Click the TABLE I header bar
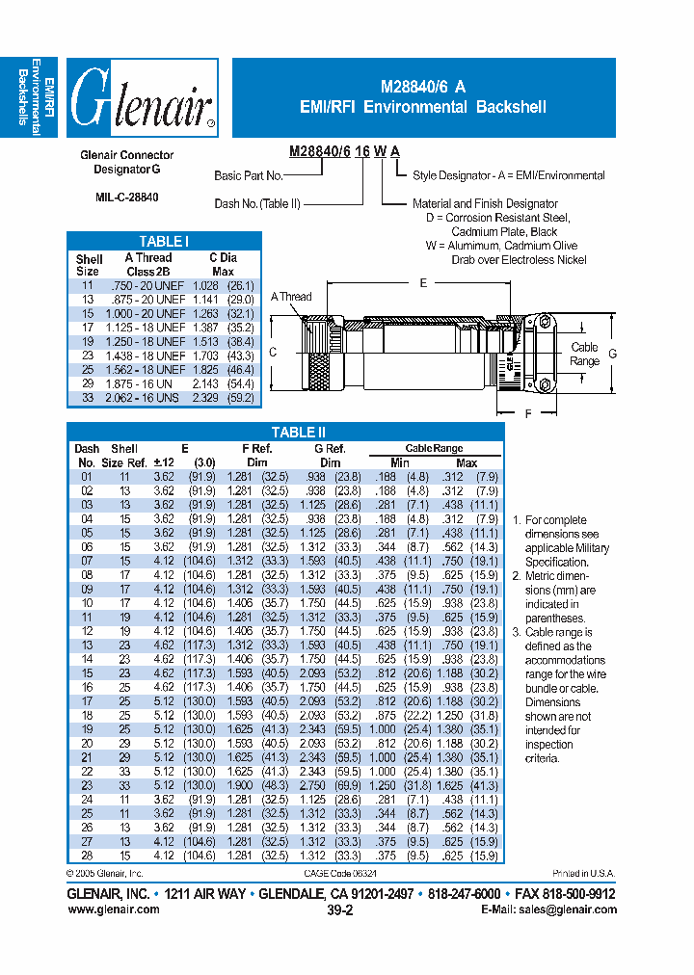(x=163, y=241)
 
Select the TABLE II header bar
(x=285, y=433)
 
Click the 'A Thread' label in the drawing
(x=291, y=297)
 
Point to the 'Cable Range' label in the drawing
(x=584, y=354)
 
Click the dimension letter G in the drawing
(x=612, y=354)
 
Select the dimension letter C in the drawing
(x=273, y=353)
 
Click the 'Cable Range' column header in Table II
(x=434, y=448)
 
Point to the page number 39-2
(x=339, y=909)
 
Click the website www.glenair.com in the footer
(x=114, y=909)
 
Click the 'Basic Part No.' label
(x=248, y=176)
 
